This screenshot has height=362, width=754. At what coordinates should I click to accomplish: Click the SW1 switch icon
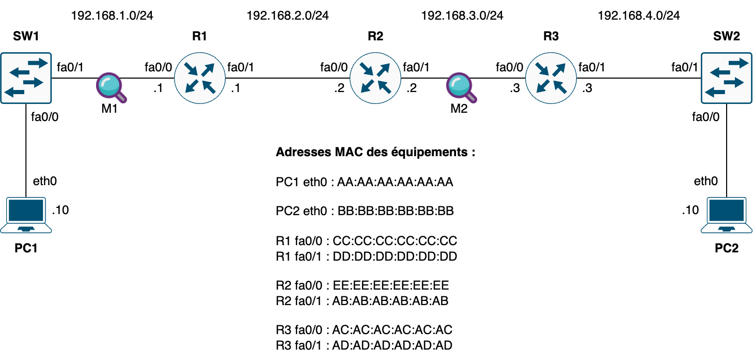26,78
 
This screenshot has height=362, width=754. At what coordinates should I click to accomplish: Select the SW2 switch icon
727,78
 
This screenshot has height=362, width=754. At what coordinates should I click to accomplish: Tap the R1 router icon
200,78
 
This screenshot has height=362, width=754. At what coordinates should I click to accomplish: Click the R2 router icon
375,78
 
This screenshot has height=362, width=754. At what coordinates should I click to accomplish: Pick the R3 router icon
551,78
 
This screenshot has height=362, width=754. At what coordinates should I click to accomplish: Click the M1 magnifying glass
111,87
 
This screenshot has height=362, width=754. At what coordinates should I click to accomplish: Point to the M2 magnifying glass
461,87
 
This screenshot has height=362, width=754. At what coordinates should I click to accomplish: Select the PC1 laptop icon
26,215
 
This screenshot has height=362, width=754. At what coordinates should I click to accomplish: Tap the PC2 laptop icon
727,215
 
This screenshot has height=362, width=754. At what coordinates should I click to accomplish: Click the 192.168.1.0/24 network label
112,16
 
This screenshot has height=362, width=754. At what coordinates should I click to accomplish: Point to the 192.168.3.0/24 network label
462,16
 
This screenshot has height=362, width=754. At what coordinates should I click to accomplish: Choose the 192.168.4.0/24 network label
638,16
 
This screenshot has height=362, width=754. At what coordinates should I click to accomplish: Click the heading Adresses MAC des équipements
375,153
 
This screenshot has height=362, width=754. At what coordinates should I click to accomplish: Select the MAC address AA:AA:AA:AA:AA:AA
395,182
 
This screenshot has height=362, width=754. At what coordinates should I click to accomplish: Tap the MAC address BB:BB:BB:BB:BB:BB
396,211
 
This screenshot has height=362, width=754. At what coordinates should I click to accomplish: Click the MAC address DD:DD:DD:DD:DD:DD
395,257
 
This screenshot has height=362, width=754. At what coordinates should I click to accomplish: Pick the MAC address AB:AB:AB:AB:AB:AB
390,301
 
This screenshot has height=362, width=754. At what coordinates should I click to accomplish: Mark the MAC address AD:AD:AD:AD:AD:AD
392,345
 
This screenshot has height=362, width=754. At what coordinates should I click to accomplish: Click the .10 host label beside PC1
60,210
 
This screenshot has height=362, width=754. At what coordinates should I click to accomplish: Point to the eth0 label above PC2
705,181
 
